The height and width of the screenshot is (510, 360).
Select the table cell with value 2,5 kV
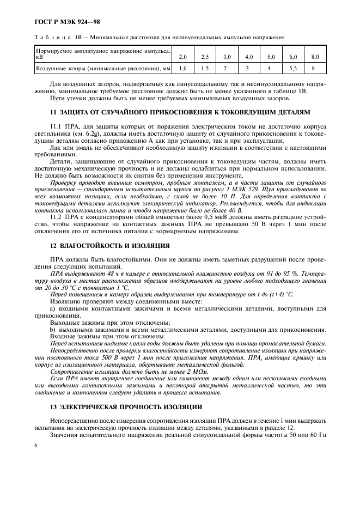[205, 57]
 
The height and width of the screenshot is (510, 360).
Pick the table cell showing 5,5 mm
[292, 69]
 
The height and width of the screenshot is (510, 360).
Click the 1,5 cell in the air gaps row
[205, 69]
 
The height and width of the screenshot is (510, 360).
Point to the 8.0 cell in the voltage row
[314, 57]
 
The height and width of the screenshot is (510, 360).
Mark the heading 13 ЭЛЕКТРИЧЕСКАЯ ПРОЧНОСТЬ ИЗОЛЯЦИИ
[126, 406]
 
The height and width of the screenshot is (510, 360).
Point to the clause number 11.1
[57, 125]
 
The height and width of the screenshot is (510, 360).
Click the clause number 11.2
[57, 216]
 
